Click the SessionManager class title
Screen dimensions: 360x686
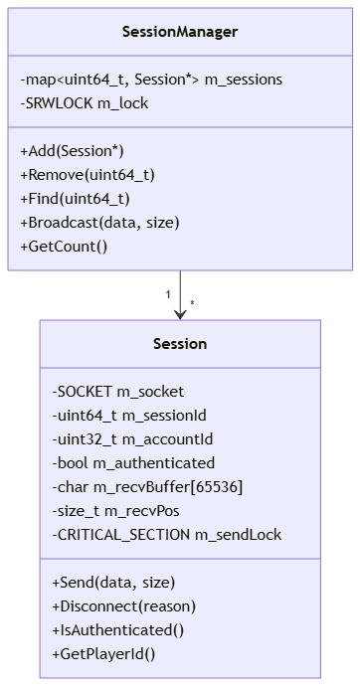pyautogui.click(x=180, y=32)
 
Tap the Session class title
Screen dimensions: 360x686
pyautogui.click(x=180, y=344)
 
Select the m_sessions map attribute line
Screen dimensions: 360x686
pyautogui.click(x=151, y=80)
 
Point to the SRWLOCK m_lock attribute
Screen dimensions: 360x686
pyautogui.click(x=85, y=103)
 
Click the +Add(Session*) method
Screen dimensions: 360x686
pyautogui.click(x=73, y=151)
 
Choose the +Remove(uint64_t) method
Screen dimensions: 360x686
pyautogui.click(x=88, y=175)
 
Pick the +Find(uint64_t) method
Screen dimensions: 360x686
pyautogui.click(x=76, y=199)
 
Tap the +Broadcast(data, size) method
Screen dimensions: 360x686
pyautogui.click(x=99, y=223)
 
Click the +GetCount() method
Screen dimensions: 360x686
pyautogui.click(x=64, y=247)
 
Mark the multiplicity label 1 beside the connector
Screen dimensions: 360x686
pyautogui.click(x=168, y=295)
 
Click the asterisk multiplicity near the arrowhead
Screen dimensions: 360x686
pyautogui.click(x=192, y=303)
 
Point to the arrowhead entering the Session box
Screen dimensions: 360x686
pyautogui.click(x=180, y=314)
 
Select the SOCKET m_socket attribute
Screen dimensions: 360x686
pyautogui.click(x=118, y=392)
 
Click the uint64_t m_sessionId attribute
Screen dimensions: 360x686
pyautogui.click(x=129, y=416)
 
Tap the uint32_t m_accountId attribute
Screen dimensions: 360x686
pyautogui.click(x=132, y=439)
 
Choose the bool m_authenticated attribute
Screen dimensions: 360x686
pyautogui.click(x=133, y=463)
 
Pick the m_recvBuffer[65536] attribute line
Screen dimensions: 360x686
pyautogui.click(x=147, y=487)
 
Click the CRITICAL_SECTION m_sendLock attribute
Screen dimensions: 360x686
pyautogui.click(x=167, y=535)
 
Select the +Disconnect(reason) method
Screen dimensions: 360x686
pyautogui.click(x=123, y=606)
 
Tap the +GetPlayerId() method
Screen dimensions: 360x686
pyautogui.click(x=103, y=654)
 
